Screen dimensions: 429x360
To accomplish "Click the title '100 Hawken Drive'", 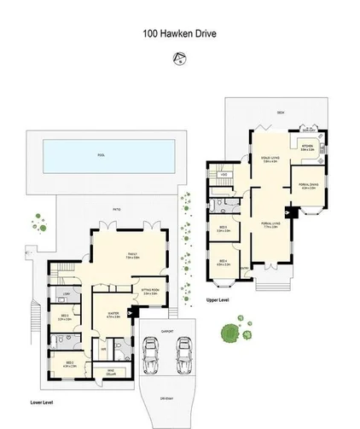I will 178,36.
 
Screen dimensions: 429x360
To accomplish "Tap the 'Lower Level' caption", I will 42,401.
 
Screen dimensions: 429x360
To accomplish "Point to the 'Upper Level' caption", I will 218,300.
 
